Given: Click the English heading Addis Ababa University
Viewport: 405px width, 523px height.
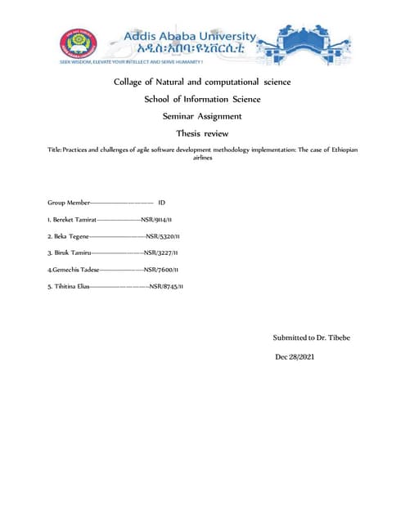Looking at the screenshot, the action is click(x=189, y=36).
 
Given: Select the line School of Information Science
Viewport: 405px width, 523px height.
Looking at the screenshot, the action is click(x=202, y=99).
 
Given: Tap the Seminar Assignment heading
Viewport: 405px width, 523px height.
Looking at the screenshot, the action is click(x=202, y=116).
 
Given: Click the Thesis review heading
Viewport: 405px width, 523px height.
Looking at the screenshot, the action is click(x=202, y=133).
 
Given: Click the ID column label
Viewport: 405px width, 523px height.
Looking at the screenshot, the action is click(x=162, y=201).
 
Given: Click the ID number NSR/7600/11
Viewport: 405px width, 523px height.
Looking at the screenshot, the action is click(x=161, y=269).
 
